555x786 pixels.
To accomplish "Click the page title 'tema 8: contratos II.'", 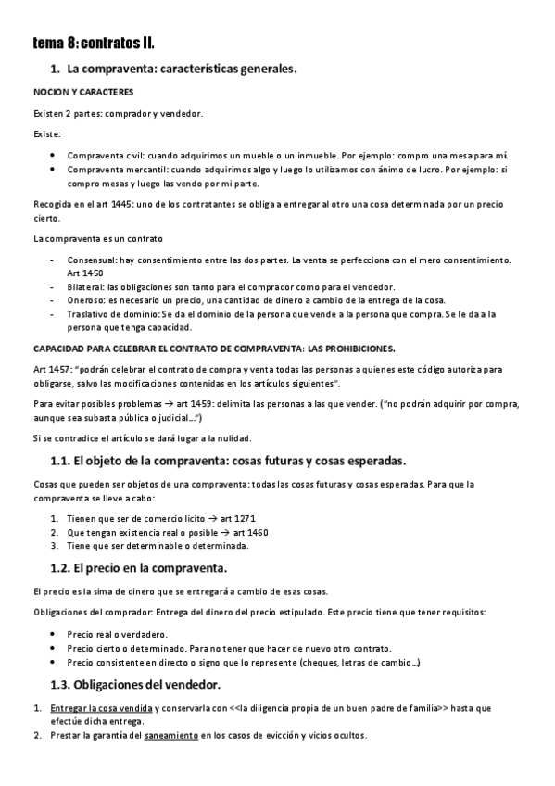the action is tap(94, 44).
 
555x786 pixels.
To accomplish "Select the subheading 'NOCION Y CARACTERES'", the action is tap(83, 93).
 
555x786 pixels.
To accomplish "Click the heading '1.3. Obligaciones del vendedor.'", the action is tap(134, 685).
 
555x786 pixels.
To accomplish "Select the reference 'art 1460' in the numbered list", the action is tap(250, 532).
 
